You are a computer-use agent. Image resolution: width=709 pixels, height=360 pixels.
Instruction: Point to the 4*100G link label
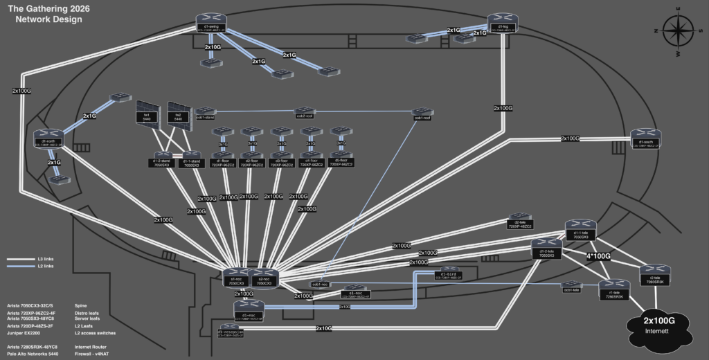coord(598,256)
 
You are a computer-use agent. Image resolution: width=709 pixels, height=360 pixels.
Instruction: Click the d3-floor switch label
coord(282,163)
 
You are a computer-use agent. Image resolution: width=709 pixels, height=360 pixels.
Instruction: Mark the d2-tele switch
coord(519,221)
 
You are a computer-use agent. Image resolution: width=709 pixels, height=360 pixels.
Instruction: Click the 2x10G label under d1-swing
coord(213,47)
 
